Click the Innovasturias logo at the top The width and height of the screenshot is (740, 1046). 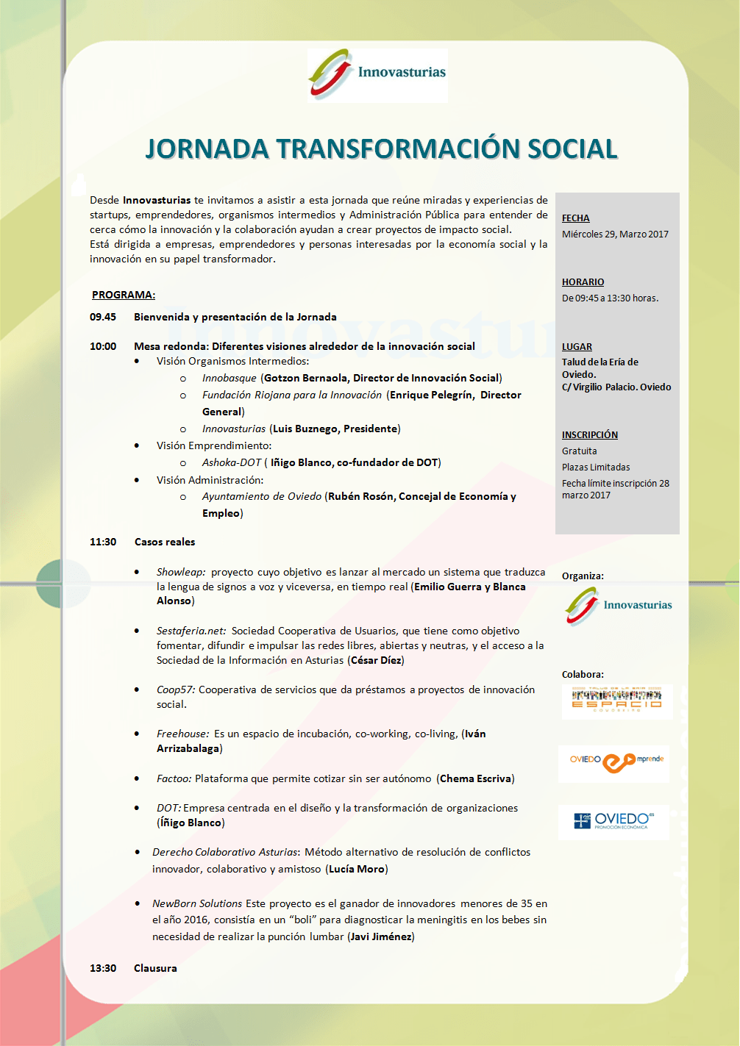[x=377, y=74]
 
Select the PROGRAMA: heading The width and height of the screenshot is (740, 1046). [x=123, y=295]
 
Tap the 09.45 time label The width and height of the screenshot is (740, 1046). [x=103, y=317]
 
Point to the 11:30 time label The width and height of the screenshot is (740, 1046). [x=103, y=542]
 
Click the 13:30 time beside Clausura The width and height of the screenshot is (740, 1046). [x=103, y=968]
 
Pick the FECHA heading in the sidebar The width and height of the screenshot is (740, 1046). [x=575, y=218]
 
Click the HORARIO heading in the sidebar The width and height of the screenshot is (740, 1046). [x=583, y=282]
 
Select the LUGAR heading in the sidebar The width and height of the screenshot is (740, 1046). [x=577, y=347]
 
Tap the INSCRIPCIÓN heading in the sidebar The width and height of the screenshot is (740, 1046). [x=589, y=435]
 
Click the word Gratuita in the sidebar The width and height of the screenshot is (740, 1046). [x=579, y=451]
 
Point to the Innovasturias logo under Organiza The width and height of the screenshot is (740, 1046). [x=618, y=606]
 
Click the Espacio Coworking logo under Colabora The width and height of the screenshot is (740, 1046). [x=616, y=700]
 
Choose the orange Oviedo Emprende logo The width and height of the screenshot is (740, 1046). [x=616, y=762]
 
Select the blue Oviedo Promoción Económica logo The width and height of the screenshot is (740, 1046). [x=614, y=821]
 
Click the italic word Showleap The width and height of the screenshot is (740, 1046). [x=181, y=572]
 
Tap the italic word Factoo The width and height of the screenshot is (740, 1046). [x=174, y=778]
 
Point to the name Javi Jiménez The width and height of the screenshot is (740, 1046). [x=381, y=936]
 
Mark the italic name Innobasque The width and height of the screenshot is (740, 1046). [x=229, y=378]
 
